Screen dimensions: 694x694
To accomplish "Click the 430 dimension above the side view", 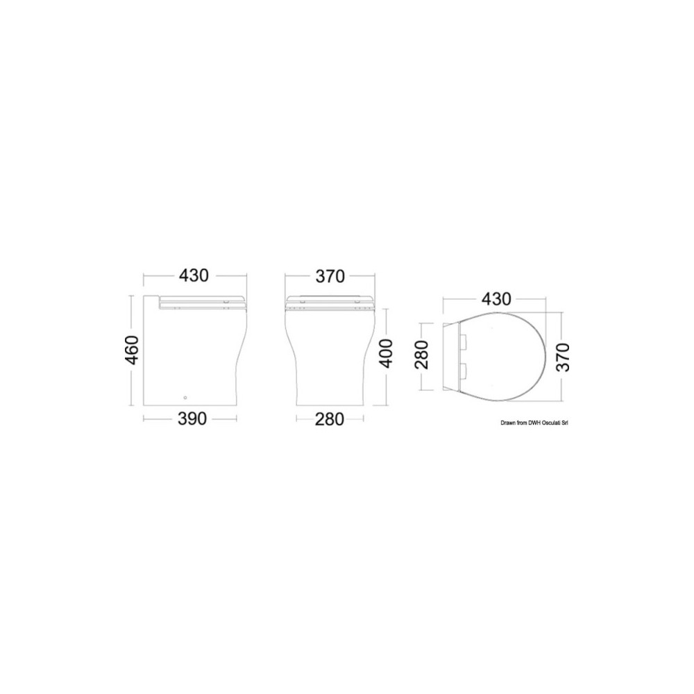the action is tap(194, 276).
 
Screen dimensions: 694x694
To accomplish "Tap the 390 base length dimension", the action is tap(192, 418).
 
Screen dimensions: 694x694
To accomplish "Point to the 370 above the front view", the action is tap(330, 277).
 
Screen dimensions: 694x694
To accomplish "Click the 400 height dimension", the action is tap(387, 354).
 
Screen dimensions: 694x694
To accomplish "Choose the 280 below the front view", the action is tap(329, 419).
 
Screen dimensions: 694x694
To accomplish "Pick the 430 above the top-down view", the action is tap(496, 299).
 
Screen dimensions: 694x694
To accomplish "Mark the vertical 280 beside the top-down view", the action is tap(422, 355).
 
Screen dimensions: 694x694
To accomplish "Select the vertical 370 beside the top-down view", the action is tap(563, 357).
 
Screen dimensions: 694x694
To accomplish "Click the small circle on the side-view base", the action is tap(185, 397).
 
